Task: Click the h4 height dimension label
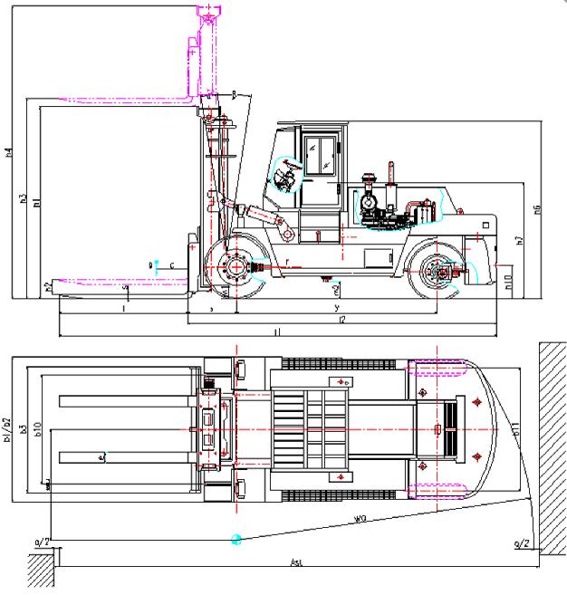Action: pyautogui.click(x=8, y=152)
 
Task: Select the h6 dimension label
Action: pyautogui.click(x=537, y=210)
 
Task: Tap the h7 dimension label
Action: pyautogui.click(x=520, y=239)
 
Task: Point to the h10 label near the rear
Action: pyautogui.click(x=508, y=282)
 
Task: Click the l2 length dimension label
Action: pyautogui.click(x=341, y=320)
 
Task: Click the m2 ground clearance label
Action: pyautogui.click(x=336, y=290)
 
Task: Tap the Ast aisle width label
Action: pyautogui.click(x=296, y=562)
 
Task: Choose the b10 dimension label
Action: pyautogui.click(x=39, y=429)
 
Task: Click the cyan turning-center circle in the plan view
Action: pyautogui.click(x=236, y=540)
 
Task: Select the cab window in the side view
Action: pyautogui.click(x=319, y=157)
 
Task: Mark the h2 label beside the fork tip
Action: pyautogui.click(x=47, y=287)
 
